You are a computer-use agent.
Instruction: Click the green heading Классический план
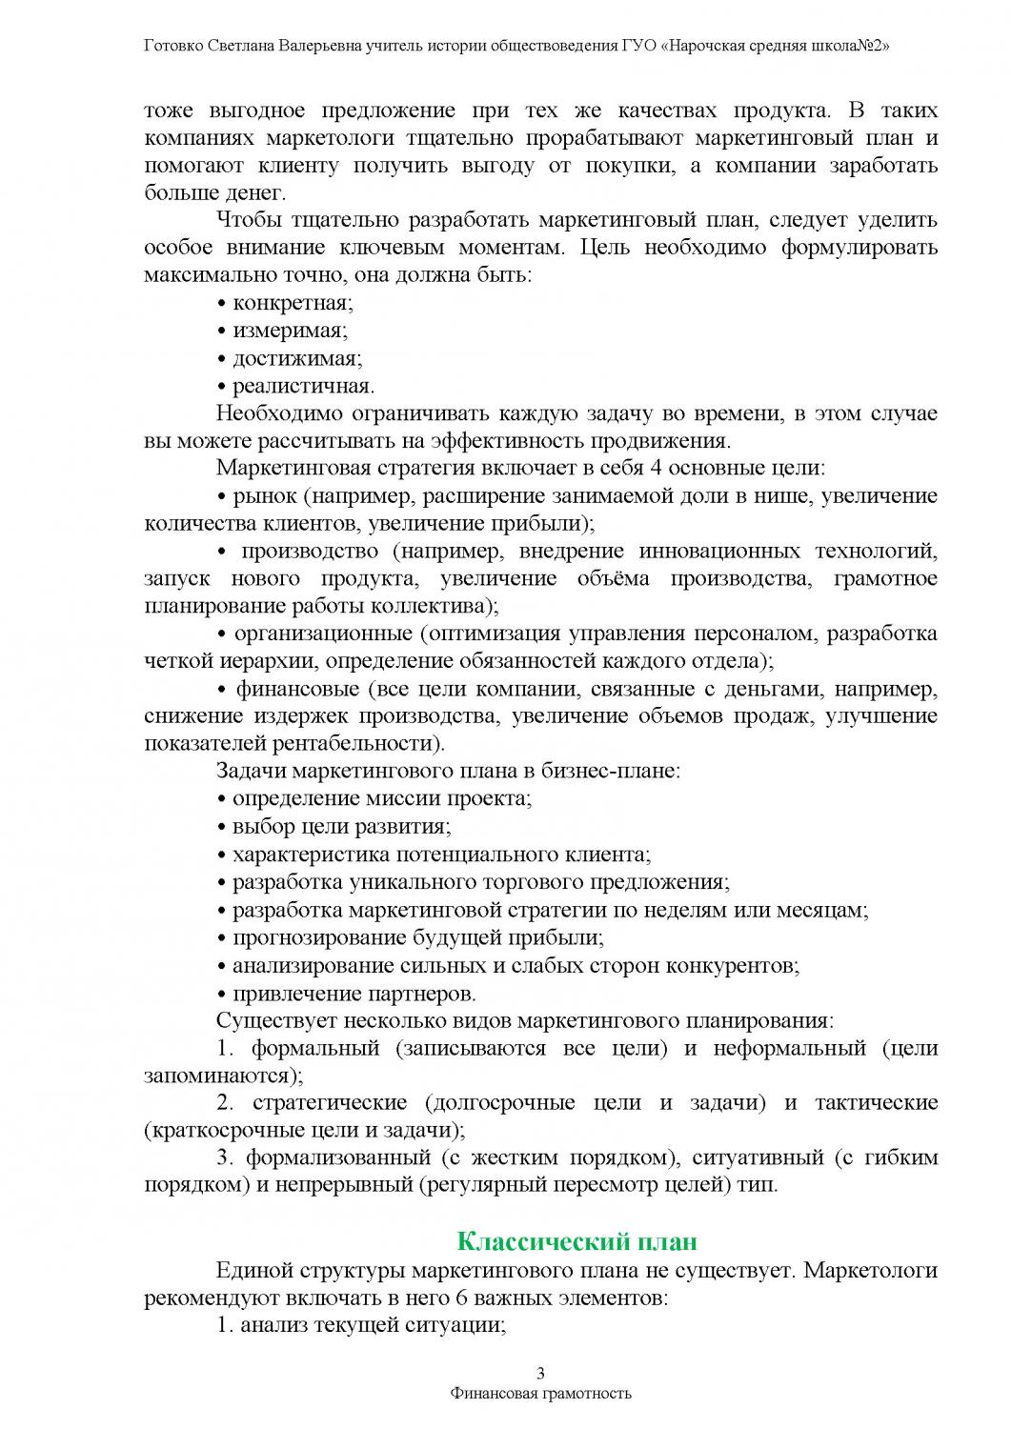click(x=577, y=1241)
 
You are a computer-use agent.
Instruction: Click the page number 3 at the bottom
click(x=541, y=1373)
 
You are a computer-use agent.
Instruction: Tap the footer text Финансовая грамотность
click(x=541, y=1393)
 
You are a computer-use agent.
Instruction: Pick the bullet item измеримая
click(x=290, y=331)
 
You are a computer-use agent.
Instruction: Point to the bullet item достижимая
click(x=296, y=358)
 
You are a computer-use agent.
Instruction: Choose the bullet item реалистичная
click(x=302, y=386)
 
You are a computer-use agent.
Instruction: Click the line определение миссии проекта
click(x=381, y=798)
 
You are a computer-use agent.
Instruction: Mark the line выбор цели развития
click(x=341, y=826)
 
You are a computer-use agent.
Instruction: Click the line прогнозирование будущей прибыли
click(x=417, y=938)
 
